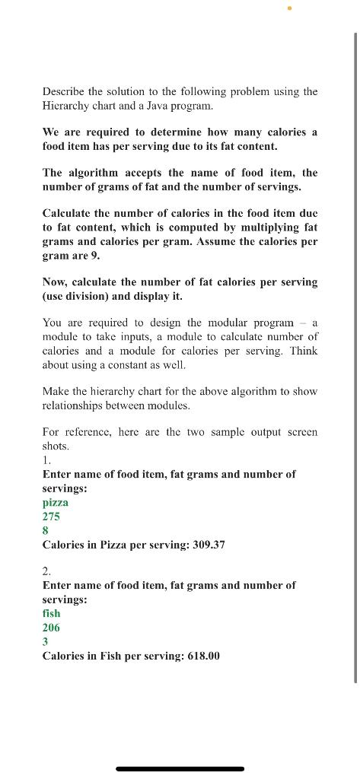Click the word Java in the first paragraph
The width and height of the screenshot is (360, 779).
[x=144, y=106]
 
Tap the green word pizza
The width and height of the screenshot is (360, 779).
[x=55, y=502]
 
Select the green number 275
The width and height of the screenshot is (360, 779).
[x=51, y=517]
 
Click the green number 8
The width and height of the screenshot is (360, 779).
[x=45, y=531]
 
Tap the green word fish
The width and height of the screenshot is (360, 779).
[x=51, y=613]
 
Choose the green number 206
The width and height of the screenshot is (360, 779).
[x=51, y=628]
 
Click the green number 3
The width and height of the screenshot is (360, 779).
[x=45, y=641]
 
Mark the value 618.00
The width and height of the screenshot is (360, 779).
[x=203, y=655]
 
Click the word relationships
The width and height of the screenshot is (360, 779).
[x=75, y=405]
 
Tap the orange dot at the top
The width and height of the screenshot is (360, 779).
[x=290, y=8]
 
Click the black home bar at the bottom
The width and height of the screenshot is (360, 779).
[x=180, y=769]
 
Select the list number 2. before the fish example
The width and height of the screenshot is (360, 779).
[x=46, y=571]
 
